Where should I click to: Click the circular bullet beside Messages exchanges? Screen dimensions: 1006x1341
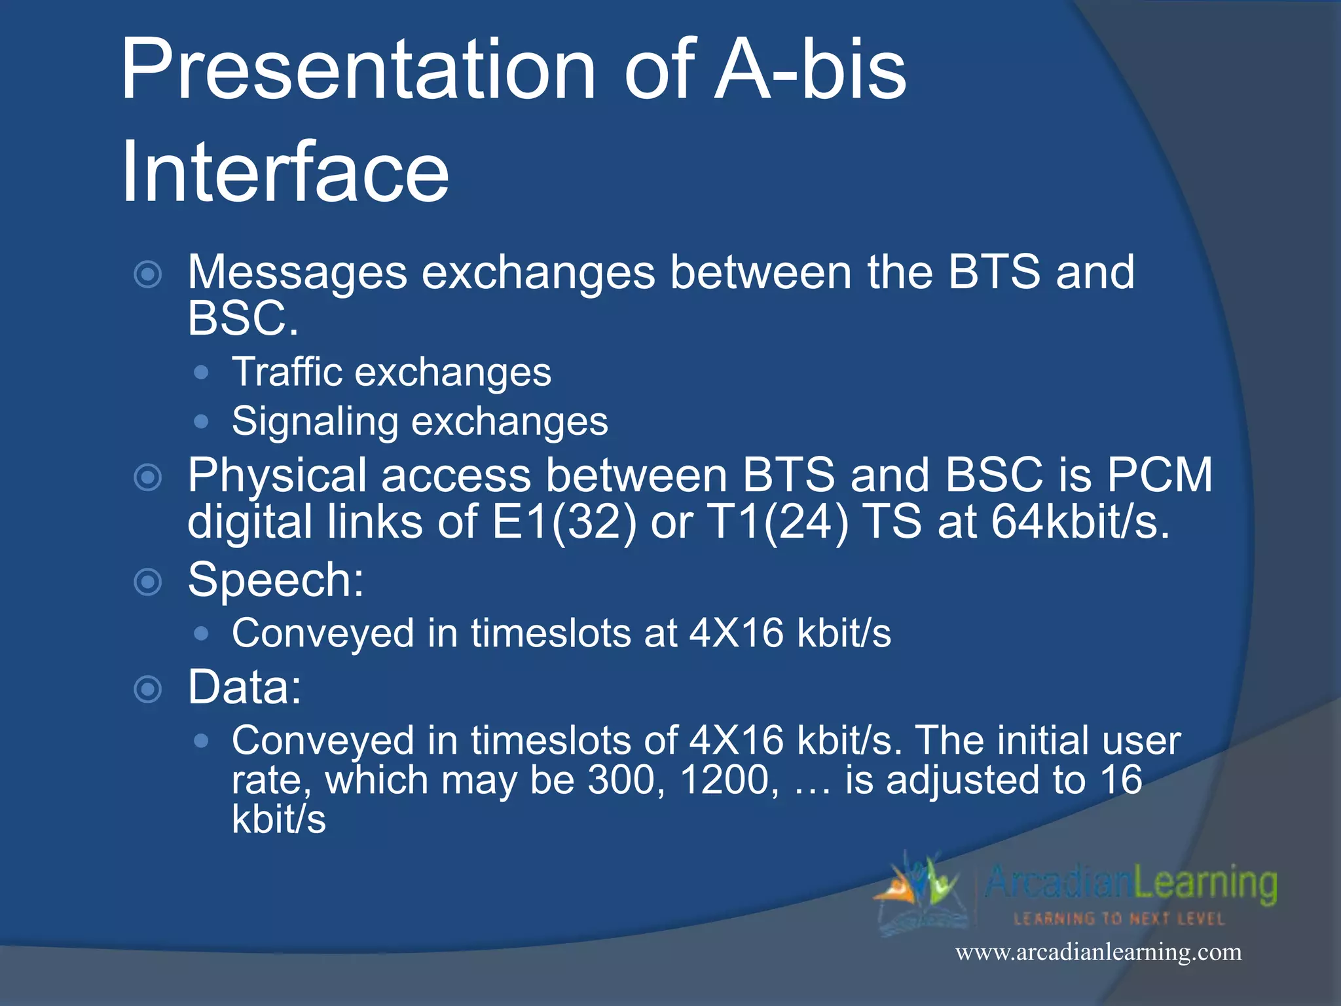coord(148,274)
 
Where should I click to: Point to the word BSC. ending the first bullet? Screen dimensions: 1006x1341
coord(243,319)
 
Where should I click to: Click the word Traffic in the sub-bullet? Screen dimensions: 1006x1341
coord(287,373)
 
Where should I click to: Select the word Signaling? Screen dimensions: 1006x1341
coord(314,421)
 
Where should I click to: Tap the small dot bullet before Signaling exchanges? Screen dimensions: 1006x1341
coord(202,421)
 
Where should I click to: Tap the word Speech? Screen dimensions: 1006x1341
coord(276,580)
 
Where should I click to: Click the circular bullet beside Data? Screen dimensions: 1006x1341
coord(148,689)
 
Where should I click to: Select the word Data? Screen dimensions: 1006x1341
coord(244,688)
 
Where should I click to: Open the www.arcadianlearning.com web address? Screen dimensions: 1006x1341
coord(1098,952)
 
